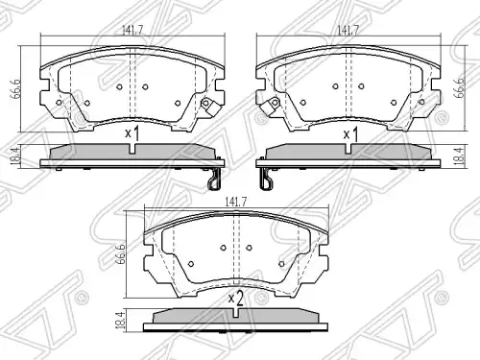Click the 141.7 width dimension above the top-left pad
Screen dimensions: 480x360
click(x=132, y=30)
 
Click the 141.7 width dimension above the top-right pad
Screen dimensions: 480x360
click(x=348, y=30)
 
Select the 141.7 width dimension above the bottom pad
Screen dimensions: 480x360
click(x=236, y=203)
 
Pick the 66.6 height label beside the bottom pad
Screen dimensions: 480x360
click(x=121, y=254)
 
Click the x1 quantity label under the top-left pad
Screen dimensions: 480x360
click(x=132, y=133)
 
